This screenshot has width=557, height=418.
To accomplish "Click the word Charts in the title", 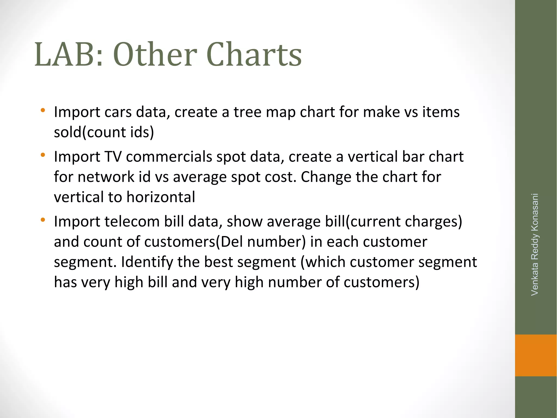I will (254, 54).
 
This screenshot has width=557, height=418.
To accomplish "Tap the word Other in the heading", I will (155, 54).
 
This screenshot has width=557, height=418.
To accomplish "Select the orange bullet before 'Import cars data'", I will (43, 111).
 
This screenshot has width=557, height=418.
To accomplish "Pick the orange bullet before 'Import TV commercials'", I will (43, 155).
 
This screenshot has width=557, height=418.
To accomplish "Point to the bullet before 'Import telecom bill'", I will (43, 220).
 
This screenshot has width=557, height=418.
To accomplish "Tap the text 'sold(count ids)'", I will (104, 132).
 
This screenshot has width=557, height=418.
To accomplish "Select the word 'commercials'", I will (169, 157).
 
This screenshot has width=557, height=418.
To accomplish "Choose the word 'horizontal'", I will (161, 197).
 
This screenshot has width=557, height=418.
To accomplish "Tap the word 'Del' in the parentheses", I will (231, 242).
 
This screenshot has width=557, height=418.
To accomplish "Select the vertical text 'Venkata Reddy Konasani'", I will (535, 244).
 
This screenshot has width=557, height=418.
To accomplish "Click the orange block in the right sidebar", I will (536, 355).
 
